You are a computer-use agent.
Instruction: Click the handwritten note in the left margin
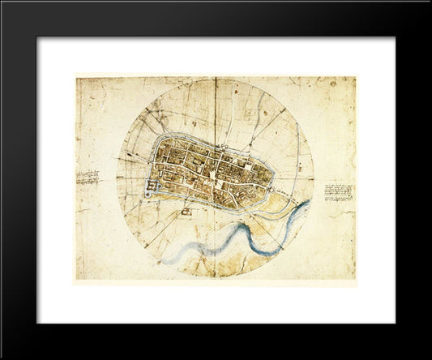88,178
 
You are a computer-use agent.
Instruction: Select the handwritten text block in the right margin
339,192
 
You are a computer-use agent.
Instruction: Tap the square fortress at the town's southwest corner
152,189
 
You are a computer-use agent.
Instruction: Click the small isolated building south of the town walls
186,212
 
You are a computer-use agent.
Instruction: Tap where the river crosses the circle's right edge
309,203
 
